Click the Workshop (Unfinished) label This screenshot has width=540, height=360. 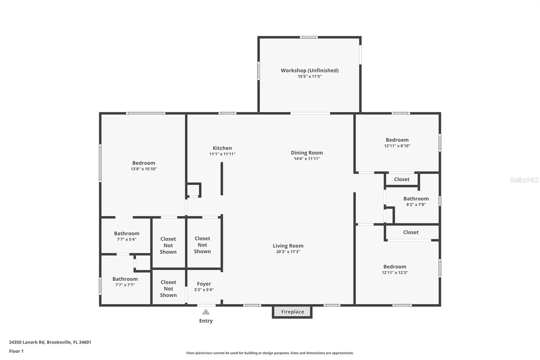pyautogui.click(x=309, y=70)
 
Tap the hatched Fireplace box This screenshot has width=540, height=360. pyautogui.click(x=292, y=312)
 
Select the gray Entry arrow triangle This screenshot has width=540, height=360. pyautogui.click(x=206, y=312)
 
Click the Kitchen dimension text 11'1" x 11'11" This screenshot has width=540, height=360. pyautogui.click(x=222, y=154)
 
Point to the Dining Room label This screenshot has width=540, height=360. pyautogui.click(x=307, y=153)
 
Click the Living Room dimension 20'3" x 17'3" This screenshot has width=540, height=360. pyautogui.click(x=288, y=252)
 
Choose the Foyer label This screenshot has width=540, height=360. pyautogui.click(x=204, y=284)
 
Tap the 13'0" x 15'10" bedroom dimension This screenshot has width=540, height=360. pyautogui.click(x=144, y=169)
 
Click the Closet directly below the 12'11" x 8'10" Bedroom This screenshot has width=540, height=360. pyautogui.click(x=402, y=179)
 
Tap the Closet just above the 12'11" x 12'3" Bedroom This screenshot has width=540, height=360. pyautogui.click(x=411, y=232)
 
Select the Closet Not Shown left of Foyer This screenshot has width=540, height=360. pyautogui.click(x=168, y=288)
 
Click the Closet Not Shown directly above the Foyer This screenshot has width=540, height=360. pyautogui.click(x=202, y=245)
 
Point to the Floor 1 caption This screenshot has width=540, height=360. pyautogui.click(x=16, y=351)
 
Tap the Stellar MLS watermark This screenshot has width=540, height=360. pyautogui.click(x=524, y=180)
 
